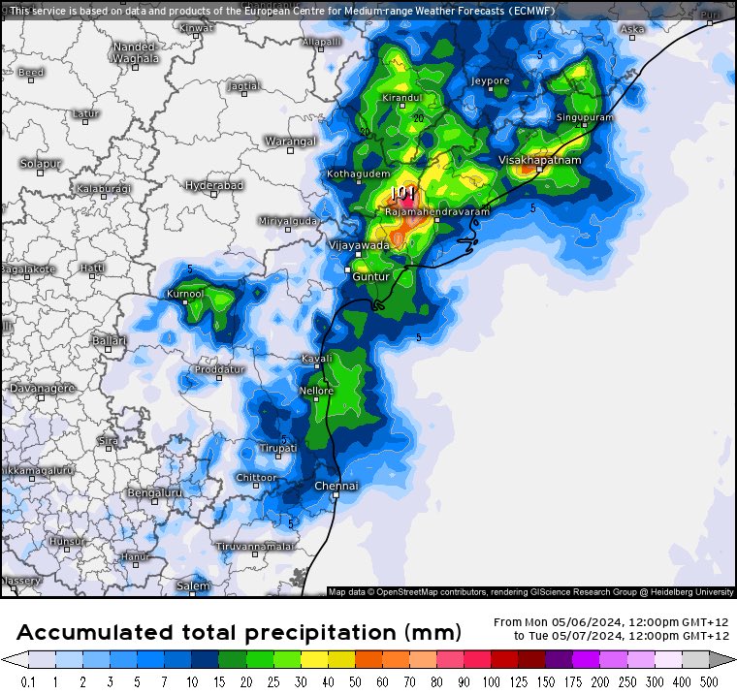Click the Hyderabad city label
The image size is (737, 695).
(x=214, y=184)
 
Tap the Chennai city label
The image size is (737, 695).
(x=336, y=485)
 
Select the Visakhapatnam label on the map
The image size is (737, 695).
(x=539, y=160)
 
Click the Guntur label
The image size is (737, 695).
(x=370, y=276)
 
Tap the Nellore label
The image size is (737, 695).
(x=316, y=391)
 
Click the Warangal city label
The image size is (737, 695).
(x=291, y=142)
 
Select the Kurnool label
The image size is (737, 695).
(x=185, y=293)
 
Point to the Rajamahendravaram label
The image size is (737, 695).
(x=437, y=210)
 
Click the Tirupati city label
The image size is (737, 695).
(x=277, y=448)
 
